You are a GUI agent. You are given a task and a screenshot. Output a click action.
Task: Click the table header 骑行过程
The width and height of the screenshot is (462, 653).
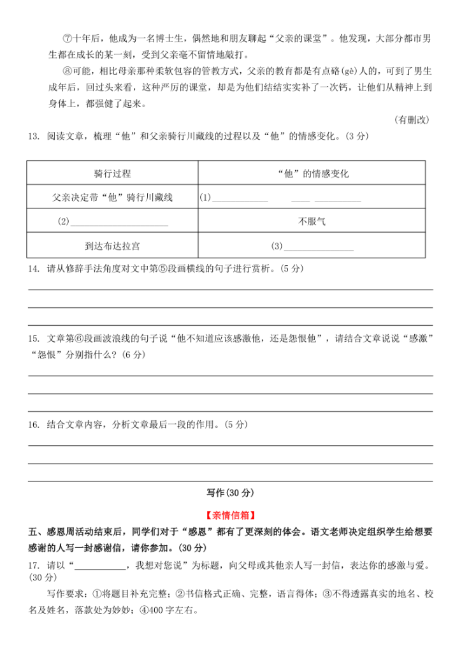[112, 174]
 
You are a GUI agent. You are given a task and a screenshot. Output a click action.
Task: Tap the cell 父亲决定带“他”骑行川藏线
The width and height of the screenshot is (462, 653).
[112, 198]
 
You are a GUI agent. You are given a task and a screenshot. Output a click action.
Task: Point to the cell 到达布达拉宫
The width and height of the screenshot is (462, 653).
[112, 246]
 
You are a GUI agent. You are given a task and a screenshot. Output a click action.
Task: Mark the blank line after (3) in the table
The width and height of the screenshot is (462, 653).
[319, 247]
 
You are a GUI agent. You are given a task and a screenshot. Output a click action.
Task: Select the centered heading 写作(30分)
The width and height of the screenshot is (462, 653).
[230, 492]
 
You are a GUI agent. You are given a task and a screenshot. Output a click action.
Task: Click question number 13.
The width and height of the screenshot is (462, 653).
[33, 137]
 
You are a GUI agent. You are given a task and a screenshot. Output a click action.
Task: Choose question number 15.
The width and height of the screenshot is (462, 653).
[33, 338]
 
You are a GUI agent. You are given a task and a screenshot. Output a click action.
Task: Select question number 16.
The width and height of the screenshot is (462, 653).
[33, 424]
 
